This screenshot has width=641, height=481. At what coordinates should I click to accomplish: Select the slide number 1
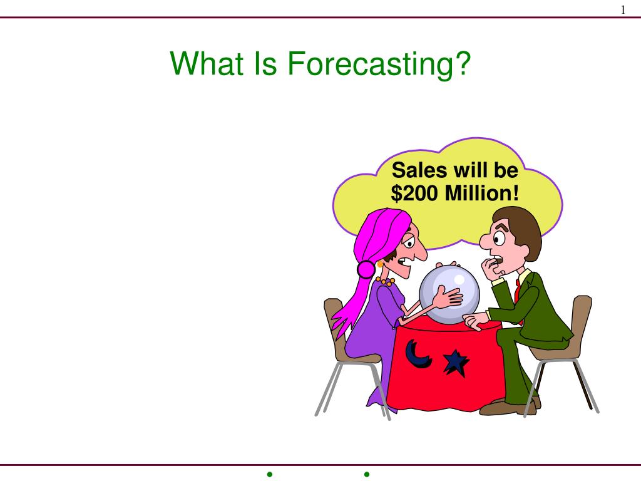623,9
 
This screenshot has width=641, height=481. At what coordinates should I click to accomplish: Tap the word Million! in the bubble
482,194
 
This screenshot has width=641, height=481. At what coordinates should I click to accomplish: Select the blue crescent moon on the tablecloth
416,354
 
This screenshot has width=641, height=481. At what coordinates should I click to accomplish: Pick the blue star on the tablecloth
455,362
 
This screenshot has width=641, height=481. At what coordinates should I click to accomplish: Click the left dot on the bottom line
269,474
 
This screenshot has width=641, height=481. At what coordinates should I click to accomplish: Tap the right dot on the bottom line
366,474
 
